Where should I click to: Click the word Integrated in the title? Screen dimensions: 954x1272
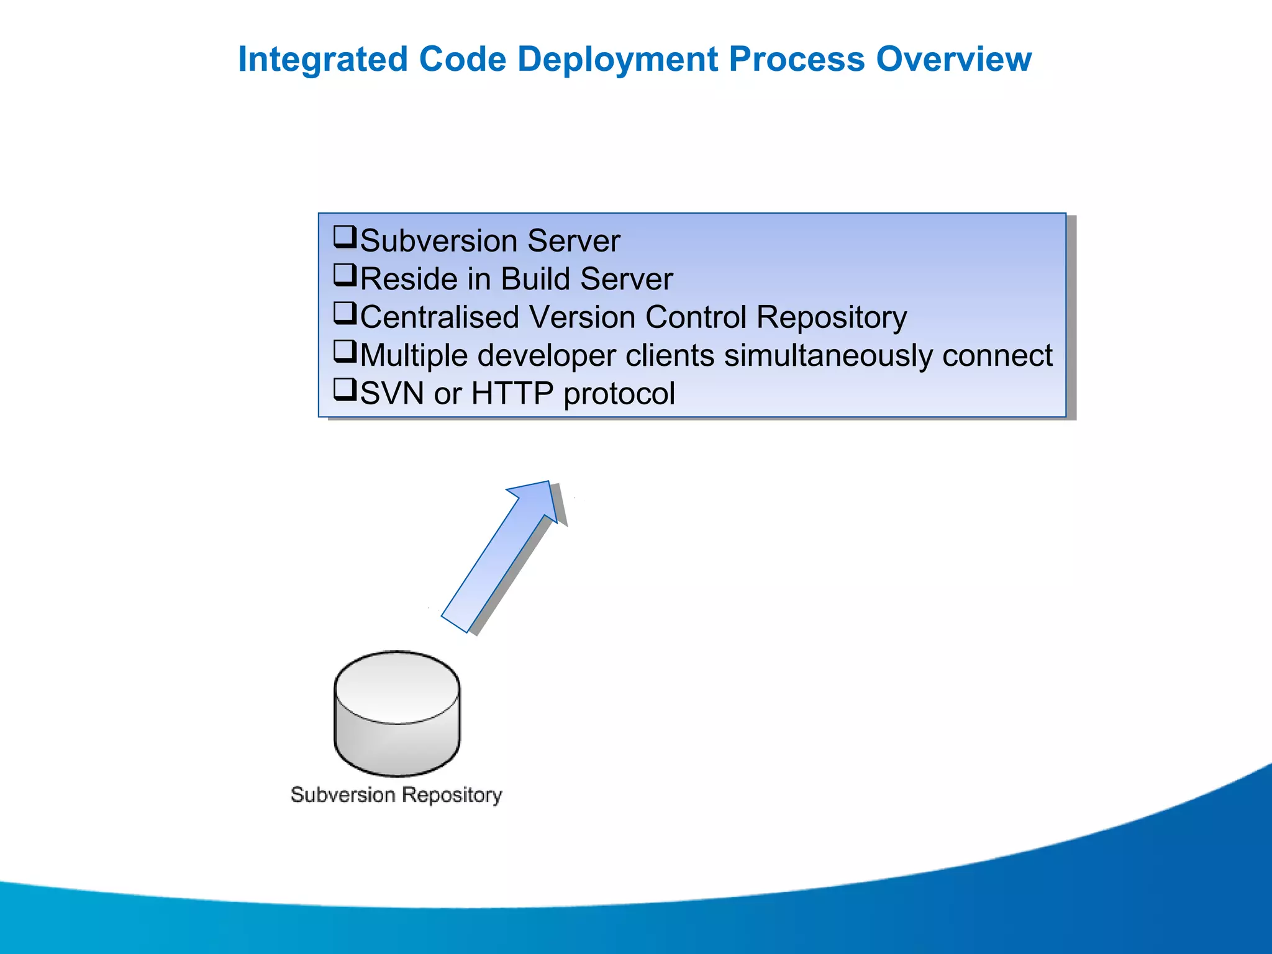tap(322, 60)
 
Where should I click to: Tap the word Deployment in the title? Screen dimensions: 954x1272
tap(618, 60)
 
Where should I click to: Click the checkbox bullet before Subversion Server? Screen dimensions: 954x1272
tap(345, 237)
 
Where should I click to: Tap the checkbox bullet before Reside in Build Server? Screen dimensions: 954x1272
tap(345, 275)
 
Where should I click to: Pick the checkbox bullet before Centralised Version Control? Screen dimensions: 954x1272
tap(345, 314)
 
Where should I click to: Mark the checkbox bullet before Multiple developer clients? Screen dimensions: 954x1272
tap(345, 352)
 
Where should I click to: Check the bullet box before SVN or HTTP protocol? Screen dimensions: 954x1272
tap(345, 390)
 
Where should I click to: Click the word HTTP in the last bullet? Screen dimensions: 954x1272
tap(512, 394)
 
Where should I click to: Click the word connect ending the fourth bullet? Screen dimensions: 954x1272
tap(997, 356)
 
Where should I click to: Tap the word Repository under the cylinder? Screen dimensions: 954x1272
tap(452, 795)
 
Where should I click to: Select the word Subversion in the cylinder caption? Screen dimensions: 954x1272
tap(343, 795)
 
